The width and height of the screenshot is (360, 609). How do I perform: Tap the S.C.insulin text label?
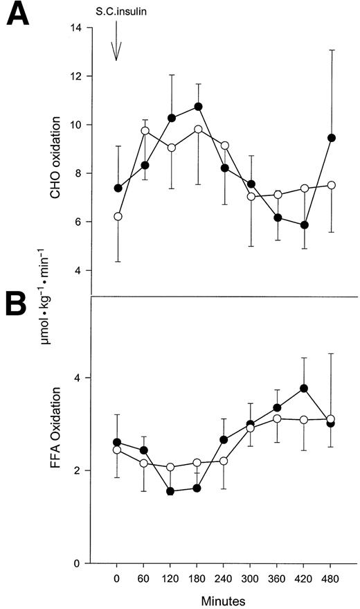point(117,12)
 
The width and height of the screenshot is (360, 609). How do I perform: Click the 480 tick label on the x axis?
point(332,576)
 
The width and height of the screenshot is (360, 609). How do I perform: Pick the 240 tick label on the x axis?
point(224,576)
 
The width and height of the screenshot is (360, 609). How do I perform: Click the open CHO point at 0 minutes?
point(118,217)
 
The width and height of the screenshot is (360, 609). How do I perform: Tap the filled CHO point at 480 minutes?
point(332,138)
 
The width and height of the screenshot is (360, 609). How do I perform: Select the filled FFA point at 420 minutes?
point(305,388)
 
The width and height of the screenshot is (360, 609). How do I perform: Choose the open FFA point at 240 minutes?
point(224,461)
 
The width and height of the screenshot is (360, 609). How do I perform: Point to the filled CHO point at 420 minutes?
point(305,225)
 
